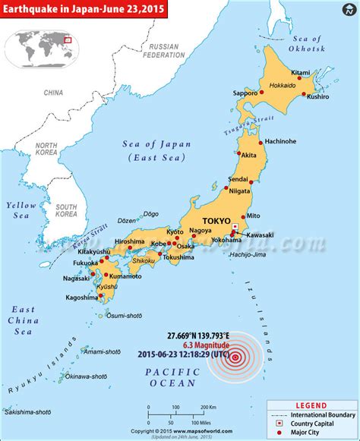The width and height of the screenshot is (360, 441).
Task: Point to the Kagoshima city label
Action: [79, 298]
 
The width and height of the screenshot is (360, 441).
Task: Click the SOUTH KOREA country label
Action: [65, 209]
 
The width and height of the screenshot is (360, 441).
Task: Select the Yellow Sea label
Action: [17, 210]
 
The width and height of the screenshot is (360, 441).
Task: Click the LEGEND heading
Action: [312, 405]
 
